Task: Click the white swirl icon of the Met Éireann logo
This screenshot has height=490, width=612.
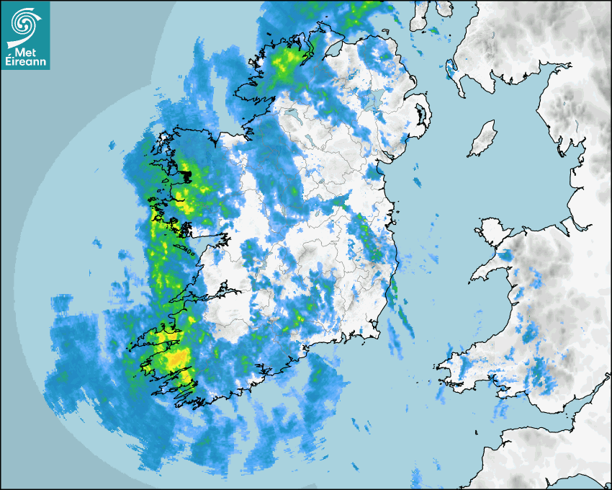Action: (24, 22)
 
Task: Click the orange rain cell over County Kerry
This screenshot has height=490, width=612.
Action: (176, 358)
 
